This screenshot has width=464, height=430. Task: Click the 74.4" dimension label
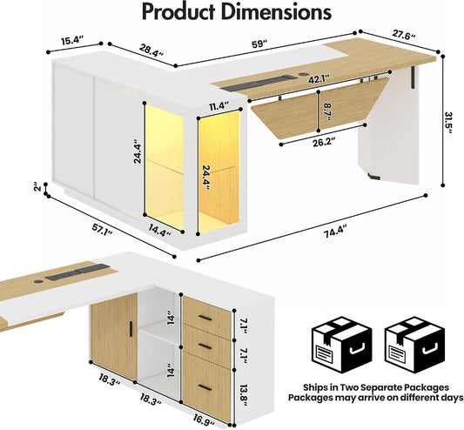point(334,232)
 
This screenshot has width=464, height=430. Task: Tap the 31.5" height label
point(449,123)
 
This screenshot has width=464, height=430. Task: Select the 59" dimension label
point(259,44)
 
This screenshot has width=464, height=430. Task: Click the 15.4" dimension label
point(72,40)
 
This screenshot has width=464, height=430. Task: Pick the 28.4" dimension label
point(151,50)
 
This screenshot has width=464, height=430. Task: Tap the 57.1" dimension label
point(102,230)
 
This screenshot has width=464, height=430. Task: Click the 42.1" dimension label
point(319,79)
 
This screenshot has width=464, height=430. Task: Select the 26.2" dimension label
point(325,143)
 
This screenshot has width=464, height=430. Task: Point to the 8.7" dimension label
point(327,111)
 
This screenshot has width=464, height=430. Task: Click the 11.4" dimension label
point(219,106)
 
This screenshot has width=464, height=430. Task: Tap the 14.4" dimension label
point(160,230)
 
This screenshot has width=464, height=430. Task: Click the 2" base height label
point(37,188)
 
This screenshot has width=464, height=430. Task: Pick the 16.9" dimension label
point(205,420)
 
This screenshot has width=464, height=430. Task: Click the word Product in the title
point(179,11)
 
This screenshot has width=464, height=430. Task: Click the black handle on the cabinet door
point(131,328)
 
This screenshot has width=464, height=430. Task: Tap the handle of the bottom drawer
point(205,387)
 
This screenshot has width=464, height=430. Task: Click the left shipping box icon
point(341,345)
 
